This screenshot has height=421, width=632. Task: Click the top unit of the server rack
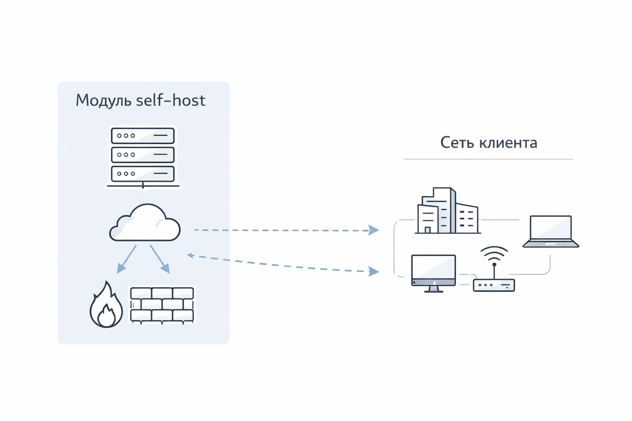142,136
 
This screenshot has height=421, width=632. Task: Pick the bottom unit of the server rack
142,173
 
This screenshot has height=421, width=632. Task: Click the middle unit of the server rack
142,155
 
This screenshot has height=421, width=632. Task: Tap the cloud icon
144,224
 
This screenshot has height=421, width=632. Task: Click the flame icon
106,306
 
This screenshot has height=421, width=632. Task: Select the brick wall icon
162,305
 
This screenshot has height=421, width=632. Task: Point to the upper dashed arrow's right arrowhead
373,230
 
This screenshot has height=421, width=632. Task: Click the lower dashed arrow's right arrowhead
373,271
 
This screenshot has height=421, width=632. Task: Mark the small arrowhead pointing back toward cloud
191,255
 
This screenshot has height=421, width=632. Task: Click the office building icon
447,212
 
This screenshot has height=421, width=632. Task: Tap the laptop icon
551,231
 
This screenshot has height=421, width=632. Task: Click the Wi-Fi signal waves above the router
494,253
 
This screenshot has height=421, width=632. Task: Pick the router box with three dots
494,285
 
